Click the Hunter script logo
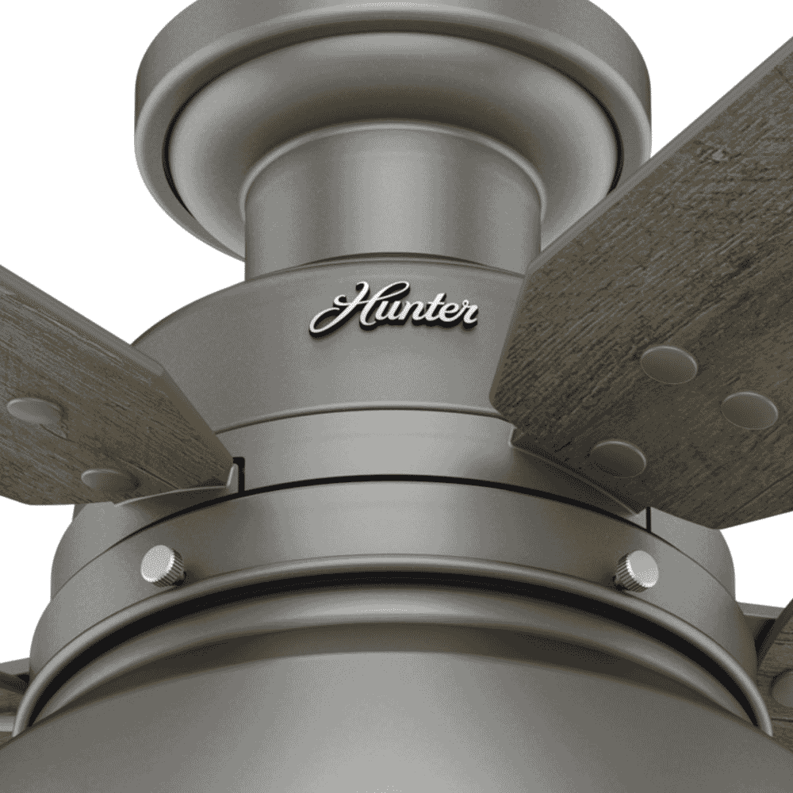[393, 309]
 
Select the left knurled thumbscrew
[163, 565]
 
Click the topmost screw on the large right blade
[668, 364]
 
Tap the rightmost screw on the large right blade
[749, 410]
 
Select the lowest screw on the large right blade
[618, 458]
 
